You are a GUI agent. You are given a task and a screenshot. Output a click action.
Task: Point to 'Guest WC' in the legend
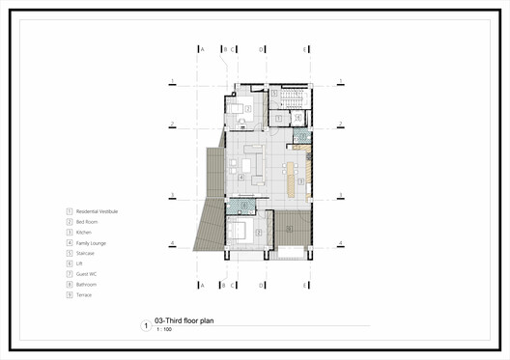87,274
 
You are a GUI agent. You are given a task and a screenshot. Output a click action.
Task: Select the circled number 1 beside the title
145,326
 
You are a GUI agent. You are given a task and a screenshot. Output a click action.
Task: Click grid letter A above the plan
202,47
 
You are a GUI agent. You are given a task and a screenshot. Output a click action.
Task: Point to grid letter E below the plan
306,286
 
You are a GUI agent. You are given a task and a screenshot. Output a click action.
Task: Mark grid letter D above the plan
262,47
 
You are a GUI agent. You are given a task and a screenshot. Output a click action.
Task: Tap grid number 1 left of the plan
171,81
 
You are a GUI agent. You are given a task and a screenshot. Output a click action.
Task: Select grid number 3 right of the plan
340,196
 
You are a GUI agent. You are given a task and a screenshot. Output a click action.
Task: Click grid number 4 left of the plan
171,243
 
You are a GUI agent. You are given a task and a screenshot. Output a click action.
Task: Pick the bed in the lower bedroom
243,233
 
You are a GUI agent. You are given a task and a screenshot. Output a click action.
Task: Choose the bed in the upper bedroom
240,106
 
